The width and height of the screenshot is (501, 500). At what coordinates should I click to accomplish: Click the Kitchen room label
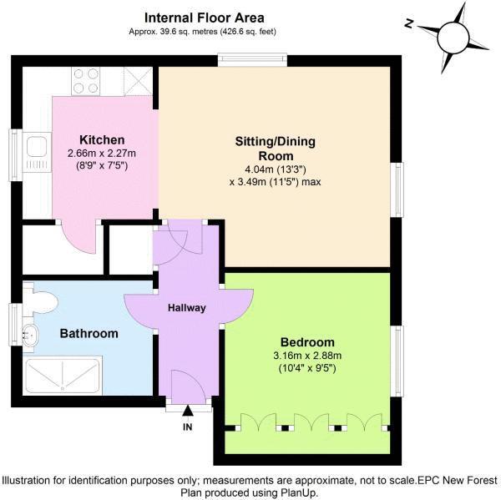(102, 139)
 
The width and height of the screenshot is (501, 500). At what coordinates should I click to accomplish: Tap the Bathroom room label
(89, 333)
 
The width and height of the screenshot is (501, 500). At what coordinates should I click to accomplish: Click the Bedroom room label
(307, 342)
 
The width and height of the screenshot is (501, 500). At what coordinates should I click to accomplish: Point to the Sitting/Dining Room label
(275, 149)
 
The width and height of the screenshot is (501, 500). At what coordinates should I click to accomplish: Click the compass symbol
(455, 36)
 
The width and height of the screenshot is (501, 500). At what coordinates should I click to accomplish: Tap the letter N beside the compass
(408, 23)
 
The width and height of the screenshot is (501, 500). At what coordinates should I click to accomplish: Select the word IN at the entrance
(187, 427)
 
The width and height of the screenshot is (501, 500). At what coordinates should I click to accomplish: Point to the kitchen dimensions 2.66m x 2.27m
(102, 154)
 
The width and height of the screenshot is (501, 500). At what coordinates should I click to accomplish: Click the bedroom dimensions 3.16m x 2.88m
(307, 356)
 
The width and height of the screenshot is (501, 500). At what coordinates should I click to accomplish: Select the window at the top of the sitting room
(253, 59)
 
